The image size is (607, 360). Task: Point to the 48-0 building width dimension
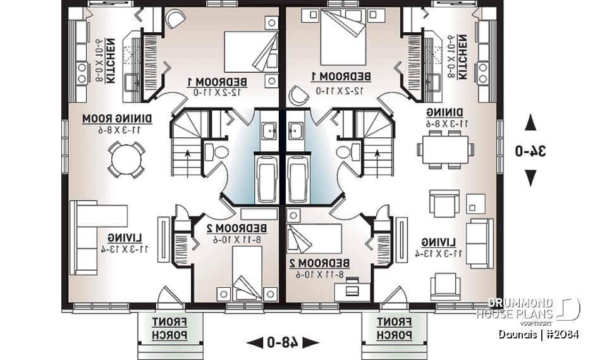pos(283,342)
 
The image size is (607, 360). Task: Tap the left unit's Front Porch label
pos(169,328)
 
